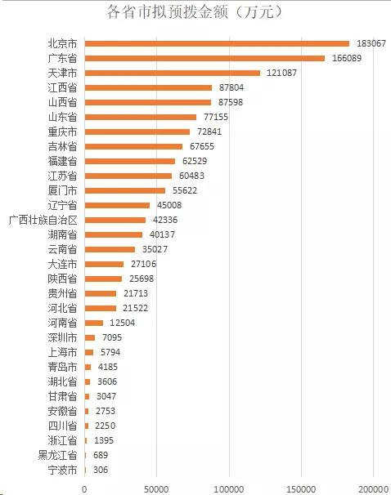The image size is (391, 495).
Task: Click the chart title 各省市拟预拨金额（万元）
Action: (195, 12)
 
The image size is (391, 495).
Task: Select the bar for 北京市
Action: (217, 43)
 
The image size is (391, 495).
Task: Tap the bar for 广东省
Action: (204, 58)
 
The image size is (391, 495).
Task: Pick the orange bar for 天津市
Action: (173, 73)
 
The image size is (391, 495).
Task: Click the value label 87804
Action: (231, 87)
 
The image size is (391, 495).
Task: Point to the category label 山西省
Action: (62, 102)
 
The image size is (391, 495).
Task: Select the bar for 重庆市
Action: (137, 132)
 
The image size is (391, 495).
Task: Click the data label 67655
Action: (202, 146)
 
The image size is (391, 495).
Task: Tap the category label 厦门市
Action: (62, 190)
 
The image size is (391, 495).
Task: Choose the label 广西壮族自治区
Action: (43, 220)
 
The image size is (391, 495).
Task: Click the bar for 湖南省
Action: (114, 234)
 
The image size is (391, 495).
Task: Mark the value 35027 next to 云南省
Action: (155, 249)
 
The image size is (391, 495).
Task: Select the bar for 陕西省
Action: (103, 279)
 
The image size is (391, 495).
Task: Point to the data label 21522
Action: (135, 308)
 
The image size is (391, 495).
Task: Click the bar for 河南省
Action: (94, 323)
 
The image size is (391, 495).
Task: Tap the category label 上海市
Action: (62, 352)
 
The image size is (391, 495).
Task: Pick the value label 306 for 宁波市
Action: (101, 470)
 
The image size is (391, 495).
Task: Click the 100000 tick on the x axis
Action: (229, 489)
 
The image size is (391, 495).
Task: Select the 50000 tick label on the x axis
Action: (156, 489)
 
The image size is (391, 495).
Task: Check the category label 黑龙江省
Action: (57, 455)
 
